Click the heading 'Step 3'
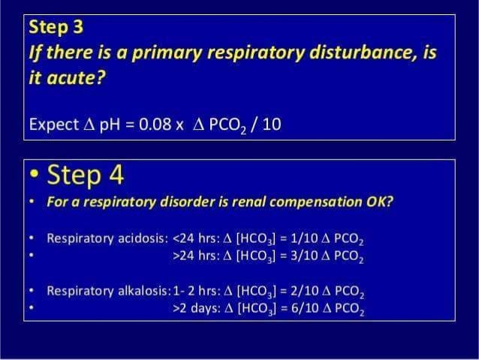coord(56,28)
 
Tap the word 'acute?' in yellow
coord(66,78)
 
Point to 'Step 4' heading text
coord(85,176)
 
